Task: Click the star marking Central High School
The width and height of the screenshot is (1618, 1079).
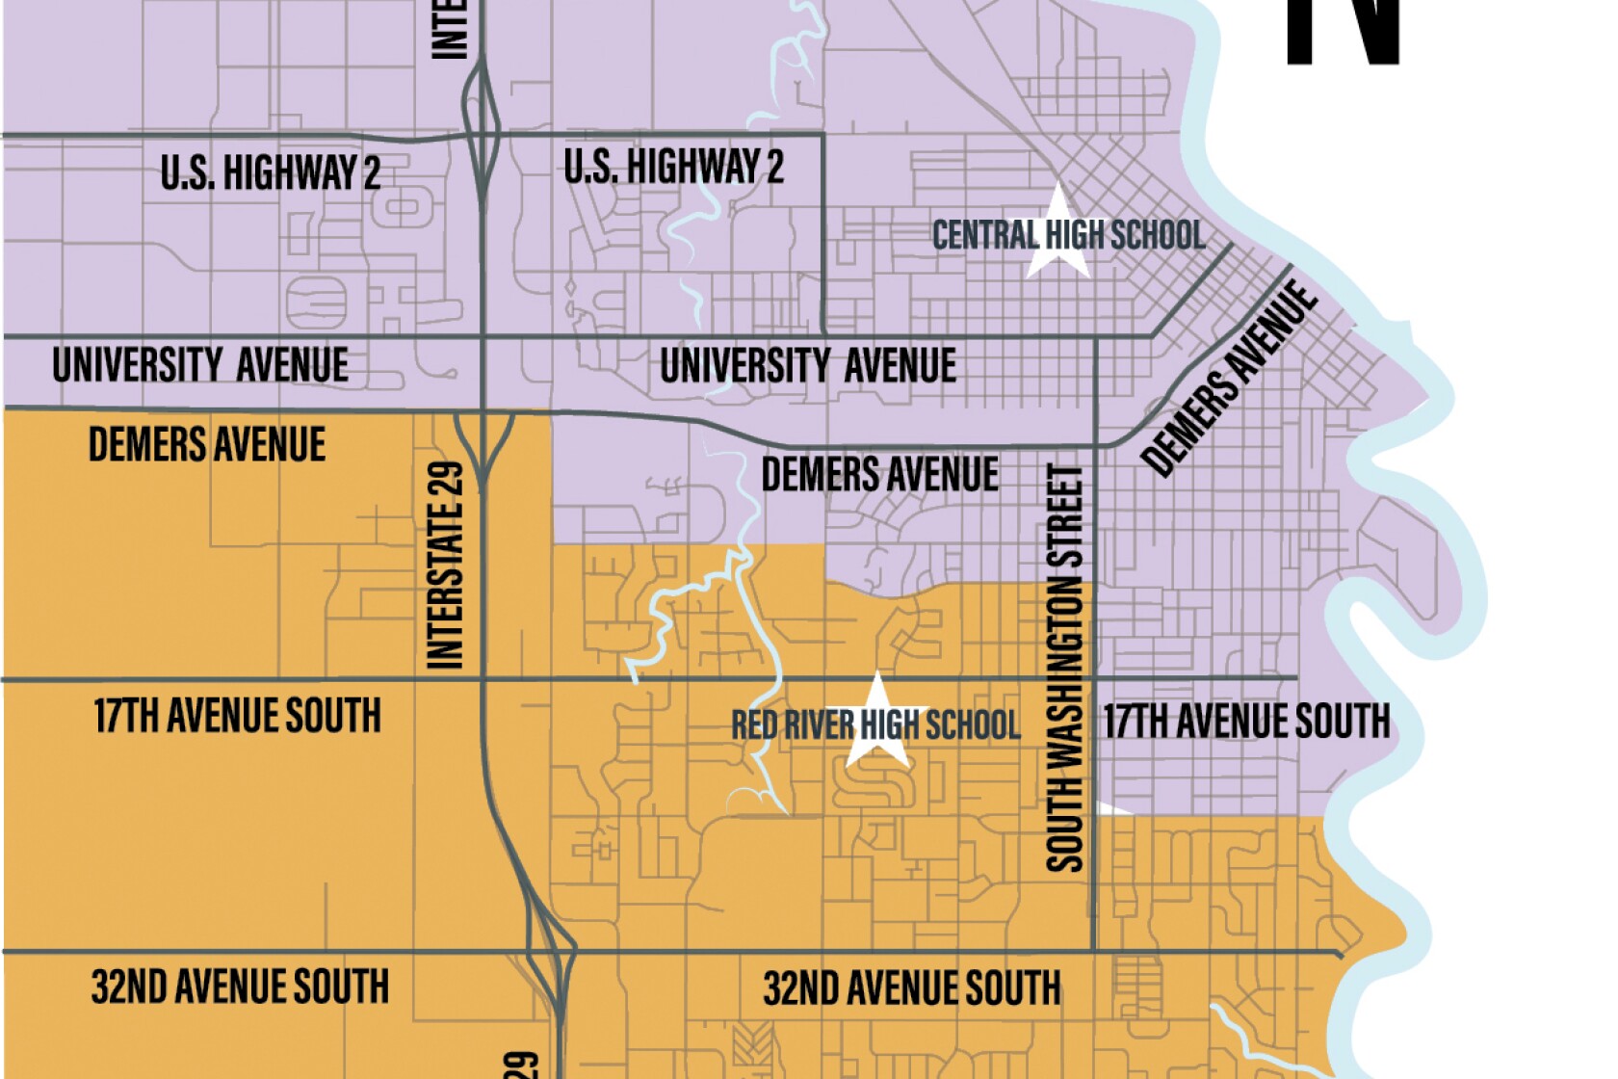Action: tap(1058, 234)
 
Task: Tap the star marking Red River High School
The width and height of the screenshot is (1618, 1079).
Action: tap(877, 723)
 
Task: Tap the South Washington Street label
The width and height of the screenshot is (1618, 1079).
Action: tap(1065, 668)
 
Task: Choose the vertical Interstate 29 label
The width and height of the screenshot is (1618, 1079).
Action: tap(446, 566)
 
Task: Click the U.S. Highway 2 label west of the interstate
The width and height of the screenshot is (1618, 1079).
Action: tap(271, 173)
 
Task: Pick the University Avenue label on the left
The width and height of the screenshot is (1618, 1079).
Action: tap(200, 366)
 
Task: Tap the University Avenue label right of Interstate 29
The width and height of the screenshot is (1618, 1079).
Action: tap(807, 366)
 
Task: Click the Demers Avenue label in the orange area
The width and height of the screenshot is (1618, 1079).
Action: tap(207, 445)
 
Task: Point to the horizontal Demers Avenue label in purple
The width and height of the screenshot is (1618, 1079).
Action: tap(879, 475)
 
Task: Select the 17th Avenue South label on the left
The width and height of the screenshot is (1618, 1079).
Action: tap(237, 717)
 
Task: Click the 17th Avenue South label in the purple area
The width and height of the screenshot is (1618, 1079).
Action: tap(1246, 722)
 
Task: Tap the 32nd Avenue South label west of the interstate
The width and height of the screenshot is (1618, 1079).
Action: tap(240, 987)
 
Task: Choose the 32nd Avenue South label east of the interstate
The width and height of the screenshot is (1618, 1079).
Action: tap(911, 989)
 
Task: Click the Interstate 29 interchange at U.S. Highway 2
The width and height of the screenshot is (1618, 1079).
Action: tap(481, 135)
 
